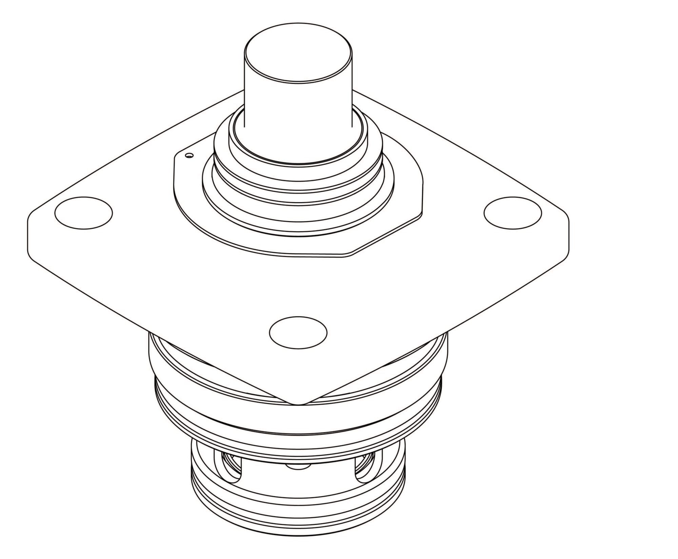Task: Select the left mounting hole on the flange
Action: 83,213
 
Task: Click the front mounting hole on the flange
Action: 298,332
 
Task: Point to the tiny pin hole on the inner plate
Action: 190,156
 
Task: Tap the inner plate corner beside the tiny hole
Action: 176,157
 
